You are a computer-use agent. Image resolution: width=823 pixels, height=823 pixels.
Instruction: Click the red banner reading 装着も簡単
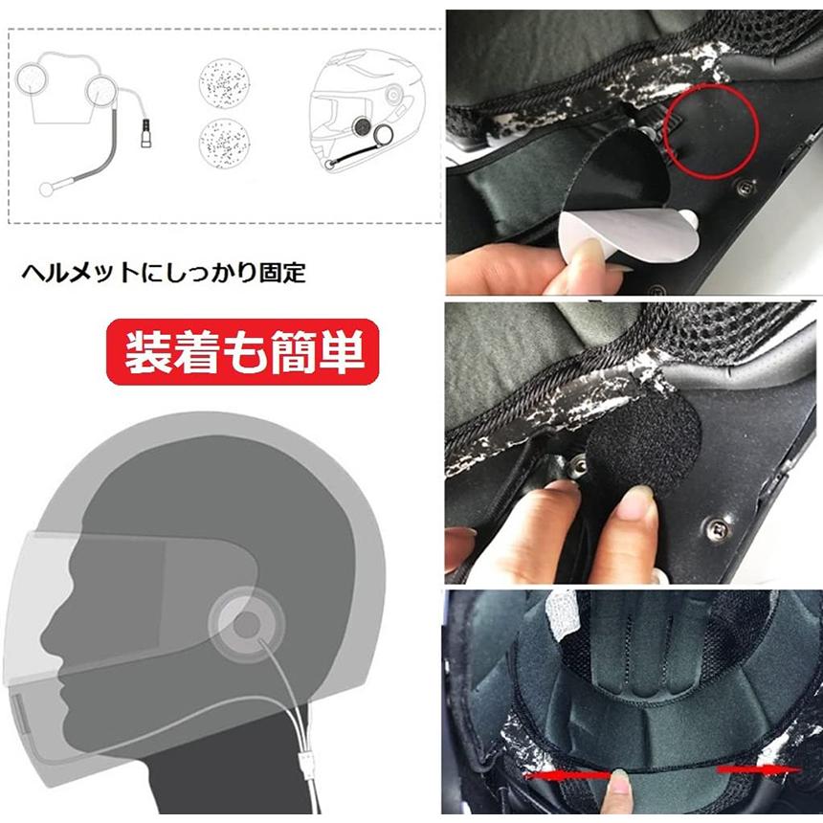tap(242, 351)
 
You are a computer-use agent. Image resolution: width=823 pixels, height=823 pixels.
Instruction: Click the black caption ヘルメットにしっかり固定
tap(164, 273)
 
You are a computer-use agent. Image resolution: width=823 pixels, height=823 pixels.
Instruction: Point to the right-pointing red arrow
tap(759, 769)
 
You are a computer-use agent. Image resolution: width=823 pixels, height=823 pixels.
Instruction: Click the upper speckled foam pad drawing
tap(224, 83)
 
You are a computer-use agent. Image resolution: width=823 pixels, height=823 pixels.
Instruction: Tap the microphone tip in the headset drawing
tap(47, 189)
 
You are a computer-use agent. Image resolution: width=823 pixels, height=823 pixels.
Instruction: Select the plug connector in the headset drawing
tap(145, 134)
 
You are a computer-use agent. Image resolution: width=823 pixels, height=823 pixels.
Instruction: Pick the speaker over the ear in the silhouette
tap(246, 624)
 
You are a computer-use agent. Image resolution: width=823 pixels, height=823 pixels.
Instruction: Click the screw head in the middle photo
tap(717, 529)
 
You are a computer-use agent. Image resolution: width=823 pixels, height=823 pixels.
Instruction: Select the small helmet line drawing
tap(367, 109)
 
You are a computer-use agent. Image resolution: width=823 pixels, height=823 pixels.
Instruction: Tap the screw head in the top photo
tap(745, 187)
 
